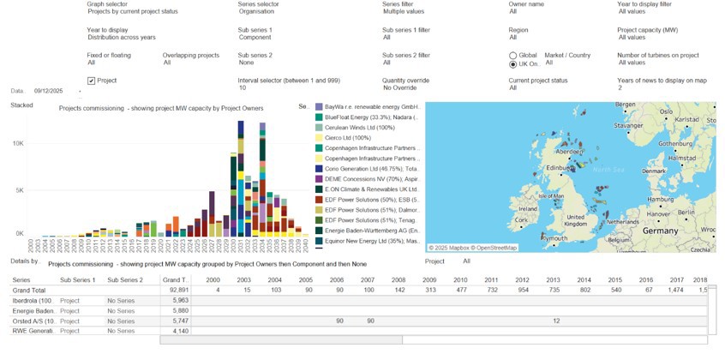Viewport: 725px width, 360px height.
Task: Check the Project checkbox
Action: click(91, 81)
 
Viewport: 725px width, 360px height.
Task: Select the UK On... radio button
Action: click(513, 64)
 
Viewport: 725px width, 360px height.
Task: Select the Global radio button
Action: click(513, 55)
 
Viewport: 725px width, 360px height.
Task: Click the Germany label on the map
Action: click(660, 230)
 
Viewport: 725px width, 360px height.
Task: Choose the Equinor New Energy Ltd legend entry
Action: click(368, 241)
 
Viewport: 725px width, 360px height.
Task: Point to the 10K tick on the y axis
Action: click(17, 144)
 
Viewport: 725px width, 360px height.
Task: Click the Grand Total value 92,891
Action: click(175, 291)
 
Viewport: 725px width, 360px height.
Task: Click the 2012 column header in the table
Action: click(522, 280)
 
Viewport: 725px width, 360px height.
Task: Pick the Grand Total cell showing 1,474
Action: click(676, 291)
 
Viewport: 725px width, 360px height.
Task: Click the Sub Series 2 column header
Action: click(125, 280)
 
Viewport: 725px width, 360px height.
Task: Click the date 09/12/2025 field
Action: click(50, 90)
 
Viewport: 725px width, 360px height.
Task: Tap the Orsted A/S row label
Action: click(33, 321)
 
